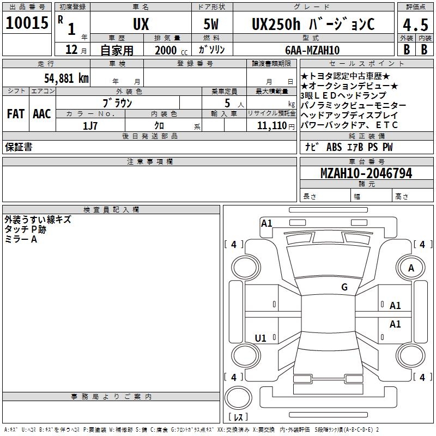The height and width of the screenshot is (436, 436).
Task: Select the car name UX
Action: [141, 25]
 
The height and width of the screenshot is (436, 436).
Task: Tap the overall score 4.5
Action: [415, 25]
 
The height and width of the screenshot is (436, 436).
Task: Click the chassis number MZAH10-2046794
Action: [366, 173]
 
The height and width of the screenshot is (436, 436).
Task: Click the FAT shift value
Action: [16, 114]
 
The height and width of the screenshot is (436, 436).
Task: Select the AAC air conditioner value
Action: [42, 114]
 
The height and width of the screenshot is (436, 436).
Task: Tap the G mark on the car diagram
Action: [344, 287]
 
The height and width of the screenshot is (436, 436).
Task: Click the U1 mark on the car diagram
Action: [261, 338]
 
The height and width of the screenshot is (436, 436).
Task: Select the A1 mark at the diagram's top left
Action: [267, 223]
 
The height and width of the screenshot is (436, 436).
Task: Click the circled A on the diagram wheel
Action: [411, 268]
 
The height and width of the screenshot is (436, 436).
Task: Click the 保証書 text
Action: [19, 147]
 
